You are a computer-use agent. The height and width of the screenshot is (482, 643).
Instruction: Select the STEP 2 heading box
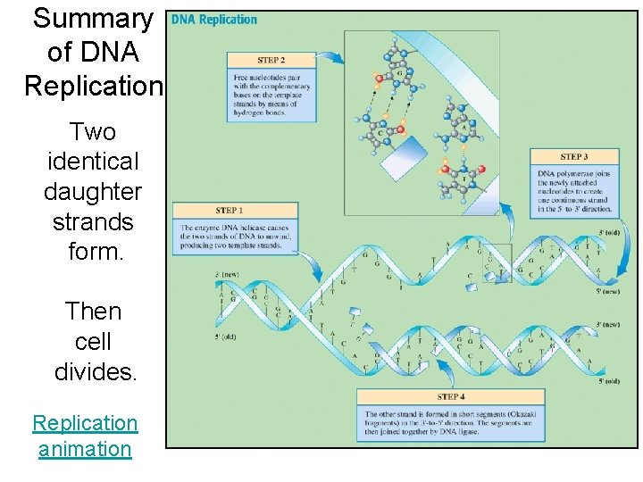[x=271, y=60]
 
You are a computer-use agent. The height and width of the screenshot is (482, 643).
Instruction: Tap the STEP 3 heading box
[x=574, y=156]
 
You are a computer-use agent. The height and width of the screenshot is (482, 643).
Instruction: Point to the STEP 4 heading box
[x=450, y=396]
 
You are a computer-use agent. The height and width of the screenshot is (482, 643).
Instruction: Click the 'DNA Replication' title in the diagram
[x=214, y=20]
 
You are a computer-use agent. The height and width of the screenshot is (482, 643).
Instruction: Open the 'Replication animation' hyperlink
[x=85, y=436]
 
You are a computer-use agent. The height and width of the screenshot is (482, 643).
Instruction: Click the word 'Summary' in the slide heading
[x=93, y=19]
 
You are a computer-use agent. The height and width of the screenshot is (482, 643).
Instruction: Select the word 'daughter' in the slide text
[x=93, y=191]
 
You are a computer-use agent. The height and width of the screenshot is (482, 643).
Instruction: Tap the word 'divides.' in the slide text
[x=96, y=371]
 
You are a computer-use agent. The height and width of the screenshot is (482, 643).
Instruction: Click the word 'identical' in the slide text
[x=93, y=162]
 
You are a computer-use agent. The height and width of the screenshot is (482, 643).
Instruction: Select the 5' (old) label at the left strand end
[x=226, y=337]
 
